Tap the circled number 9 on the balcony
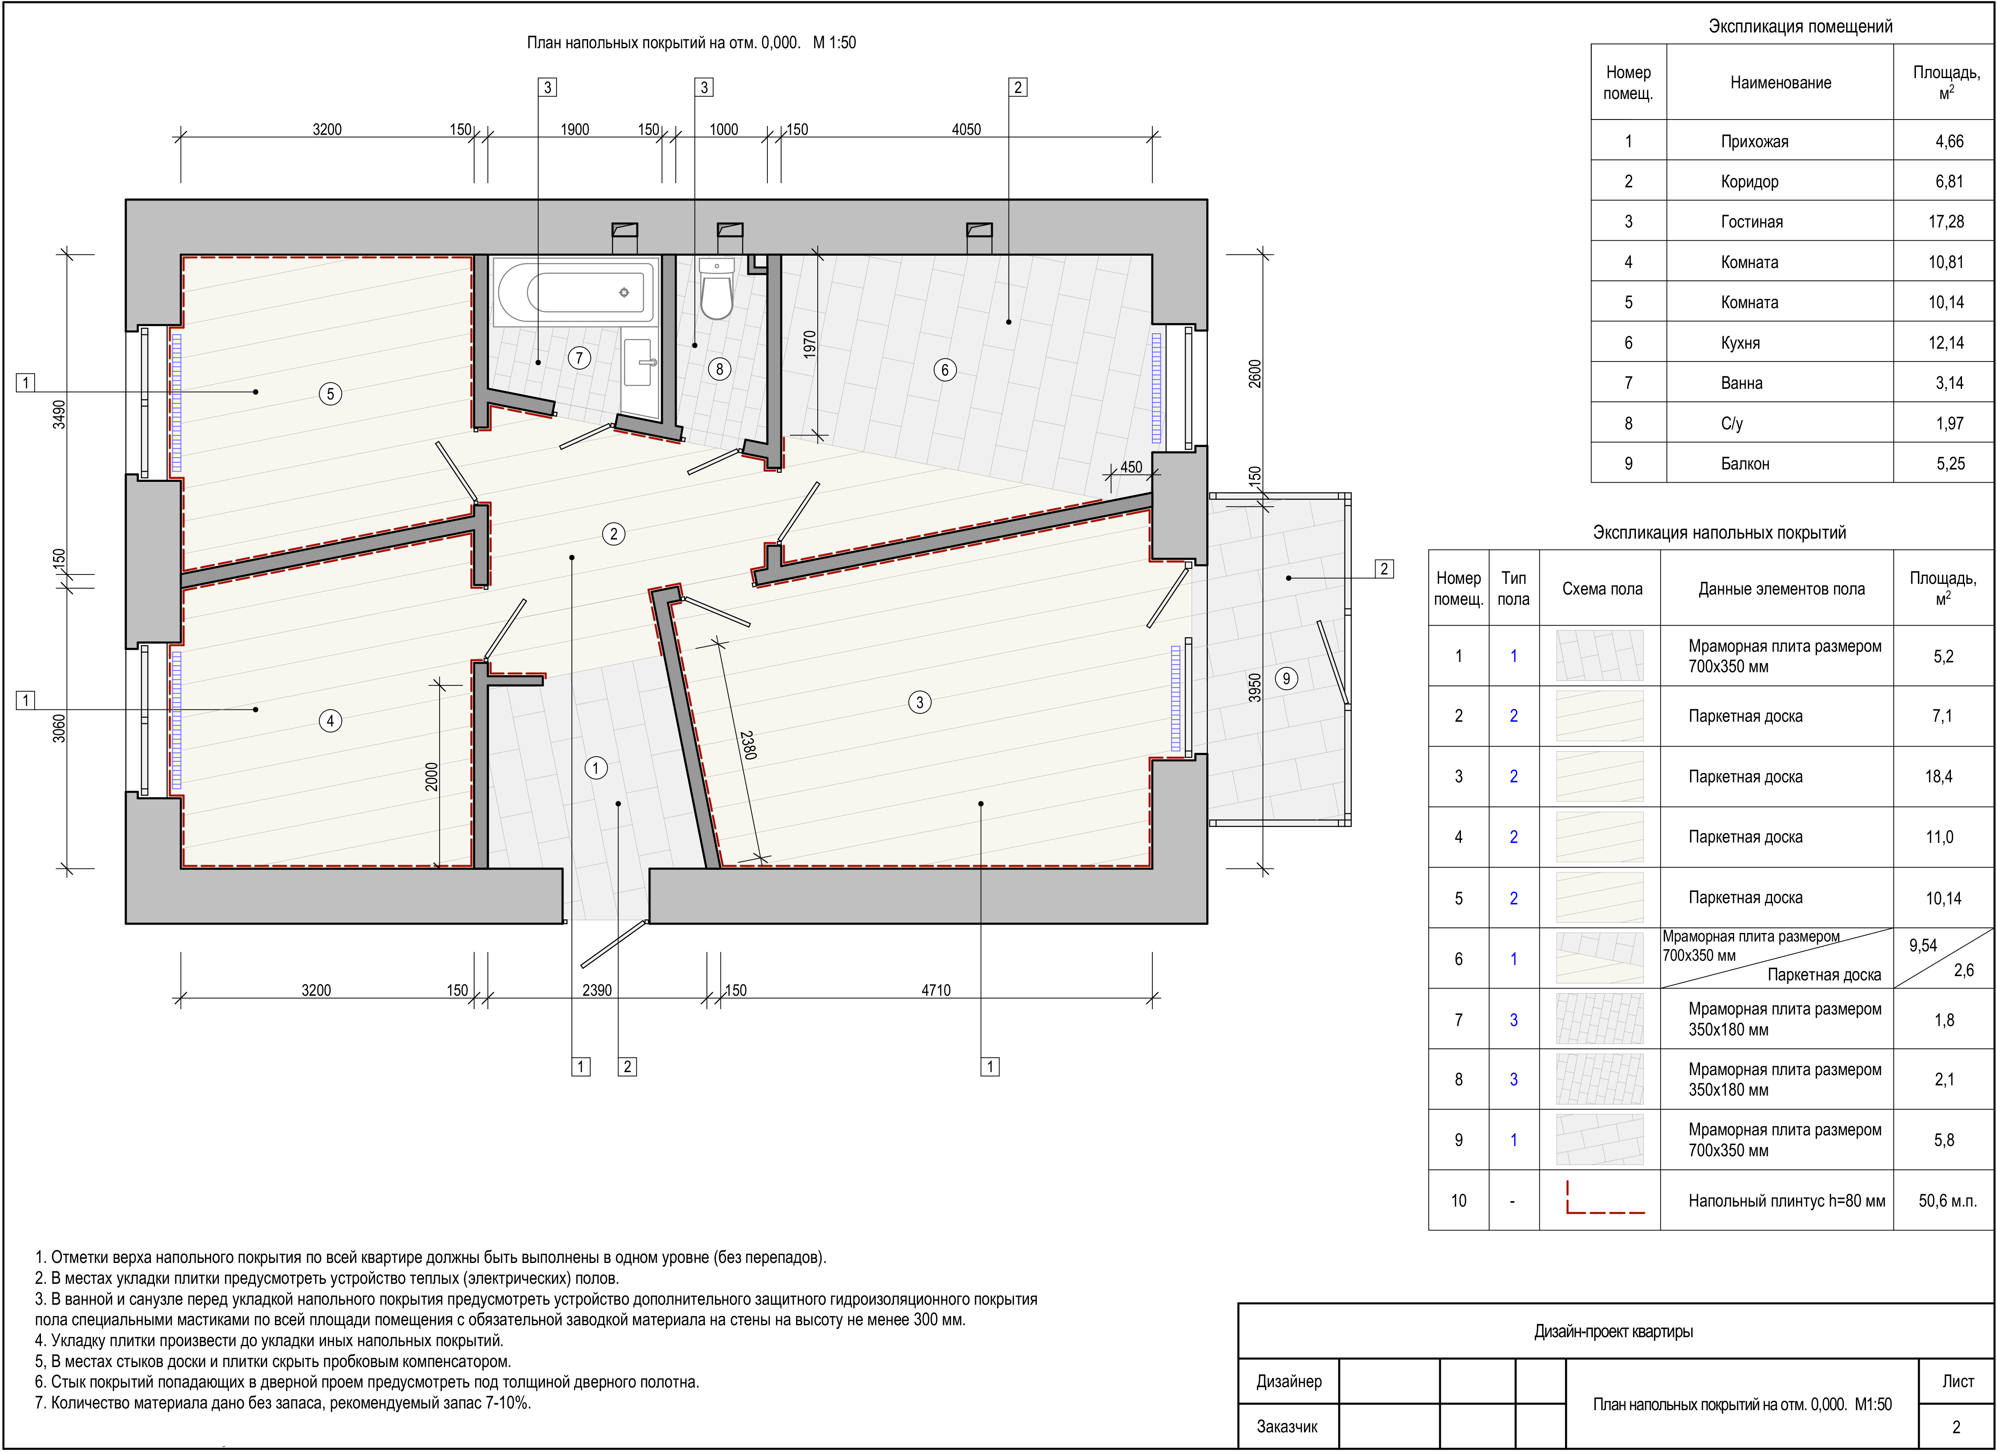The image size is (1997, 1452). tap(1286, 678)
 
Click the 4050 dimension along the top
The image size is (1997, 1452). tap(966, 129)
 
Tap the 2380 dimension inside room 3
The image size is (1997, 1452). tap(749, 744)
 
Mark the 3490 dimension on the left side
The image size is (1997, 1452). tap(59, 414)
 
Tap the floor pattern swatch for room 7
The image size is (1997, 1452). tap(1600, 1020)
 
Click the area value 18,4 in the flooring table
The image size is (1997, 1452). tap(1939, 777)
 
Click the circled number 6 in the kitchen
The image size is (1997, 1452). tap(945, 370)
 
